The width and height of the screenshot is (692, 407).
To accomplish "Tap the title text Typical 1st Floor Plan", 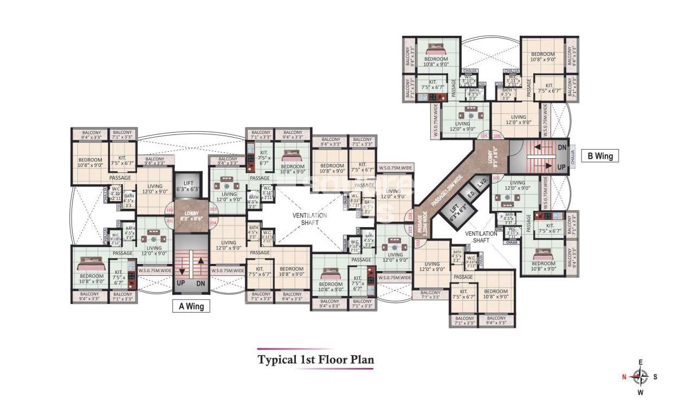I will click(x=315, y=359).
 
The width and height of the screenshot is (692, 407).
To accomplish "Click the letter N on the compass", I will click(x=624, y=376).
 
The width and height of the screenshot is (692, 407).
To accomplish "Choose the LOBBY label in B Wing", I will click(x=494, y=157).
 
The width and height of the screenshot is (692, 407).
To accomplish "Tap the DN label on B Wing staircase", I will click(x=561, y=147).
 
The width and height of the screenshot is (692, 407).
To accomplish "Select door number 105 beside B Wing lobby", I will click(x=483, y=135).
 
